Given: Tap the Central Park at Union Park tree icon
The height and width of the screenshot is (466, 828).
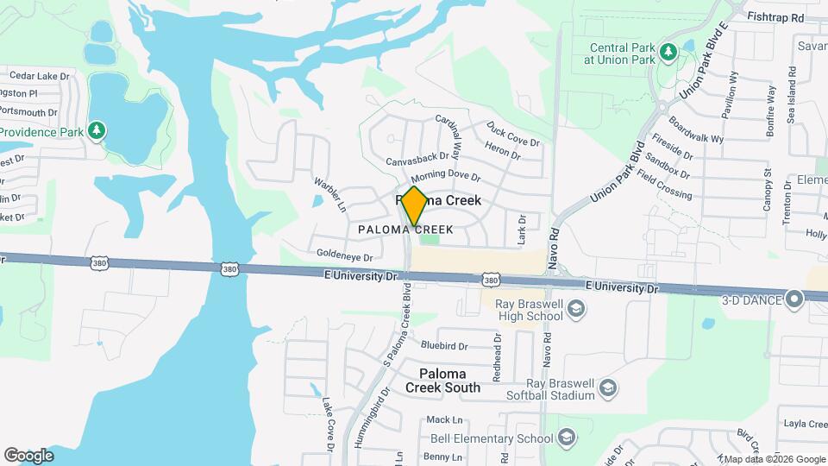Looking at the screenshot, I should [668, 54].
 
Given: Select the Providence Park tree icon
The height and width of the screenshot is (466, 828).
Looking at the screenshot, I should [98, 131].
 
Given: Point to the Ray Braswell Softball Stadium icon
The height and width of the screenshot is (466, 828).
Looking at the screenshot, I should [608, 388].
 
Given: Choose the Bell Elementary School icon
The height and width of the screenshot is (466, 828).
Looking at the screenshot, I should [566, 438].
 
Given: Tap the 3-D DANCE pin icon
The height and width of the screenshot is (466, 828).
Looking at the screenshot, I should [795, 299].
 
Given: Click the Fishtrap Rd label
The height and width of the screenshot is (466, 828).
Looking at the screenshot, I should [775, 17].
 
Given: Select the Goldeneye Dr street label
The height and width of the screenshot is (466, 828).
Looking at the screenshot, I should [344, 256].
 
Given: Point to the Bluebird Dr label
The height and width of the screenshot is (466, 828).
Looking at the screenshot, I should [444, 346].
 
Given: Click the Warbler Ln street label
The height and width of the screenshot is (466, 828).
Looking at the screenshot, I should [329, 195].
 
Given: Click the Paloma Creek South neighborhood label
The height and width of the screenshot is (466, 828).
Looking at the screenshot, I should [443, 381].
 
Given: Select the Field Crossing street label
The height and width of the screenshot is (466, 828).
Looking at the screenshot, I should [664, 184].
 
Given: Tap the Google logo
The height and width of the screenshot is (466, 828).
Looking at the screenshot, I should [28, 456].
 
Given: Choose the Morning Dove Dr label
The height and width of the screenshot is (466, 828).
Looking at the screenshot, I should [444, 177].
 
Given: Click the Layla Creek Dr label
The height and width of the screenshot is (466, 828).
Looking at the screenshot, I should [804, 424].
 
